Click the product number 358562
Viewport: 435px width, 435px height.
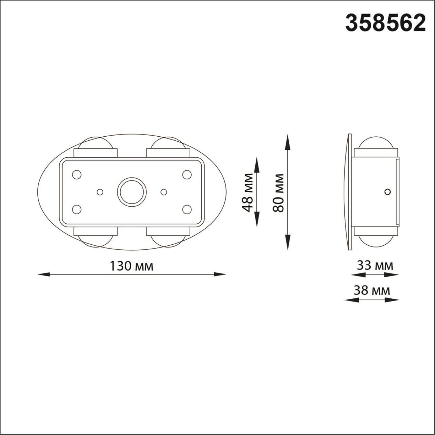click(385, 23)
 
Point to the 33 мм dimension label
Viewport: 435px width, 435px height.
click(375, 266)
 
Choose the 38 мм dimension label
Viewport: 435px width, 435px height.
click(373, 290)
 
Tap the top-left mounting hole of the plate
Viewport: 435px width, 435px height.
click(76, 175)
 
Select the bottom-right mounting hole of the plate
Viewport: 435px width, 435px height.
click(187, 209)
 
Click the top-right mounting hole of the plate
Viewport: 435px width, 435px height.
click(187, 175)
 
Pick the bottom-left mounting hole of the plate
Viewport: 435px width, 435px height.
click(76, 209)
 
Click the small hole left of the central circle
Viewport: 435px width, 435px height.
click(100, 191)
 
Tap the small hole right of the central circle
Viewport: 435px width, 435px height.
click(163, 191)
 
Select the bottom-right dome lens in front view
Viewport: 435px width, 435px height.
click(167, 241)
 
